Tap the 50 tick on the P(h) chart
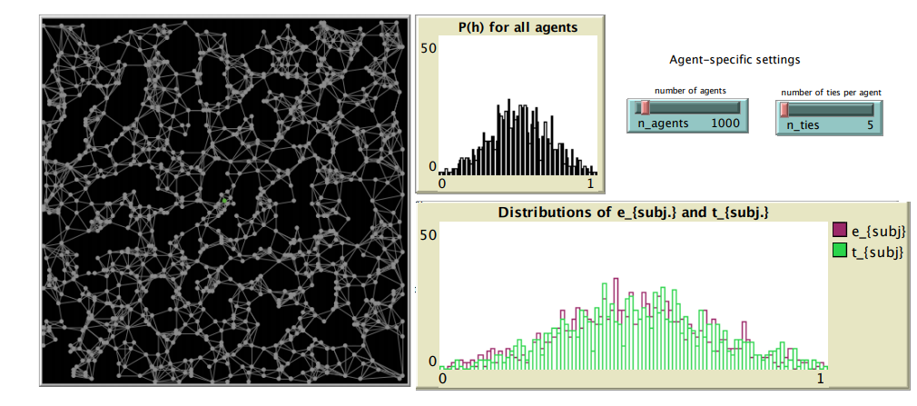tap(427, 47)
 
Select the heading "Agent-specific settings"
tap(735, 60)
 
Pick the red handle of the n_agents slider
tap(644, 108)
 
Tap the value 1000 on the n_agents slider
tap(726, 124)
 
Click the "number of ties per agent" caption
tap(832, 92)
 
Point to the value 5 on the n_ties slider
tap(870, 124)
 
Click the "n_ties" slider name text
tap(802, 124)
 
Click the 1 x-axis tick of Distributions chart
tap(822, 377)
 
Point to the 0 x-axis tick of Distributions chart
tap(442, 377)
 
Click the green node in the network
tap(224, 198)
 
